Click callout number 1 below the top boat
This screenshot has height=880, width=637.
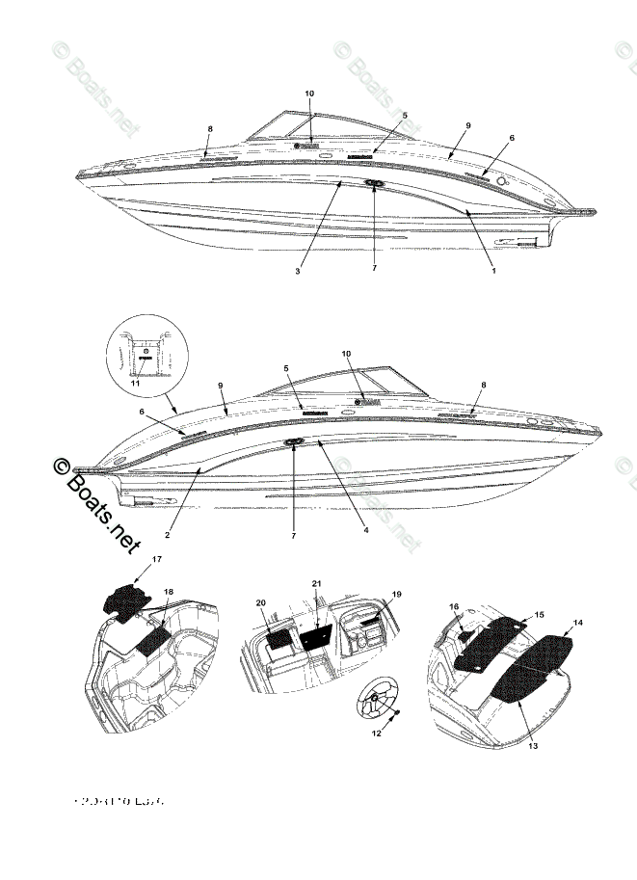point(493,271)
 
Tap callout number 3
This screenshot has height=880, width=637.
point(299,271)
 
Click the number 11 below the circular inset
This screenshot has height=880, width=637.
point(135,384)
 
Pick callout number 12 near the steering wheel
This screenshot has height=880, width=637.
point(377,733)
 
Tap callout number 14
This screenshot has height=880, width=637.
point(578,624)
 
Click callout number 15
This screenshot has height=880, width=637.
point(539,614)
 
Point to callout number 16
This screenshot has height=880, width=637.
point(455,607)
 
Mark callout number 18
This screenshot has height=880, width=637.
point(169,591)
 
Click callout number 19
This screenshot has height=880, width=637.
point(395,597)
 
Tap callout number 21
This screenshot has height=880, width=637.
point(316,583)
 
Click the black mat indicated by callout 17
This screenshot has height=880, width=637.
point(123,599)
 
